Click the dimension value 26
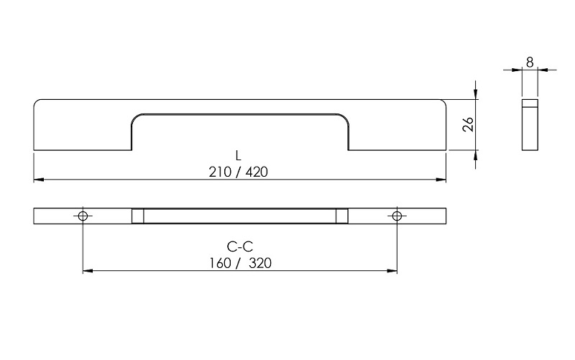point(467,124)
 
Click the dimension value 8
point(530,63)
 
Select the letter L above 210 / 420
point(238,156)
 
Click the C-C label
point(239,248)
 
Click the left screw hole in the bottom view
point(83,216)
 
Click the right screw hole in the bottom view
point(397,216)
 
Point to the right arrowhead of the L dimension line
point(441,179)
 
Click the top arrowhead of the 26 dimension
point(477,94)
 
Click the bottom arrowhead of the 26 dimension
point(477,155)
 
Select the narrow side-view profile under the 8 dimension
point(530,124)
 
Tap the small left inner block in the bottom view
point(138,216)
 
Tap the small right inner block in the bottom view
point(342,216)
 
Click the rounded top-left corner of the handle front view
point(37,103)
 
